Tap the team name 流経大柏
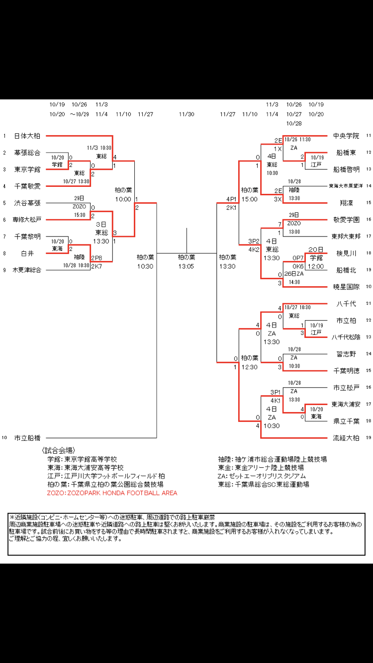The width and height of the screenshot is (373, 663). click(x=346, y=438)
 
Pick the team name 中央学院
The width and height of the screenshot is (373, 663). click(x=346, y=136)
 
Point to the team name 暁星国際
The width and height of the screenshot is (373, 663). click(x=346, y=286)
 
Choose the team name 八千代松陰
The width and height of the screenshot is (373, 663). click(x=346, y=337)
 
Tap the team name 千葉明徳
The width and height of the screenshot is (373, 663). click(x=346, y=370)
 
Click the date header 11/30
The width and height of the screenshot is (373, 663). click(x=186, y=114)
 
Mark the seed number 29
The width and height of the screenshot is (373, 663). click(x=369, y=438)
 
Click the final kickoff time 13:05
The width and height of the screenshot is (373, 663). click(x=186, y=266)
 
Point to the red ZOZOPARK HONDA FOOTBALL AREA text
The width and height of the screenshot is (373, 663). click(x=112, y=493)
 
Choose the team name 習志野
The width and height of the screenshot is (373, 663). click(x=346, y=354)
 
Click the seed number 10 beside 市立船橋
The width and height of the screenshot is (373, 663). click(x=4, y=438)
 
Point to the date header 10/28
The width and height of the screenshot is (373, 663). click(x=294, y=123)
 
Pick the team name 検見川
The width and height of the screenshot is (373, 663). click(x=346, y=253)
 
